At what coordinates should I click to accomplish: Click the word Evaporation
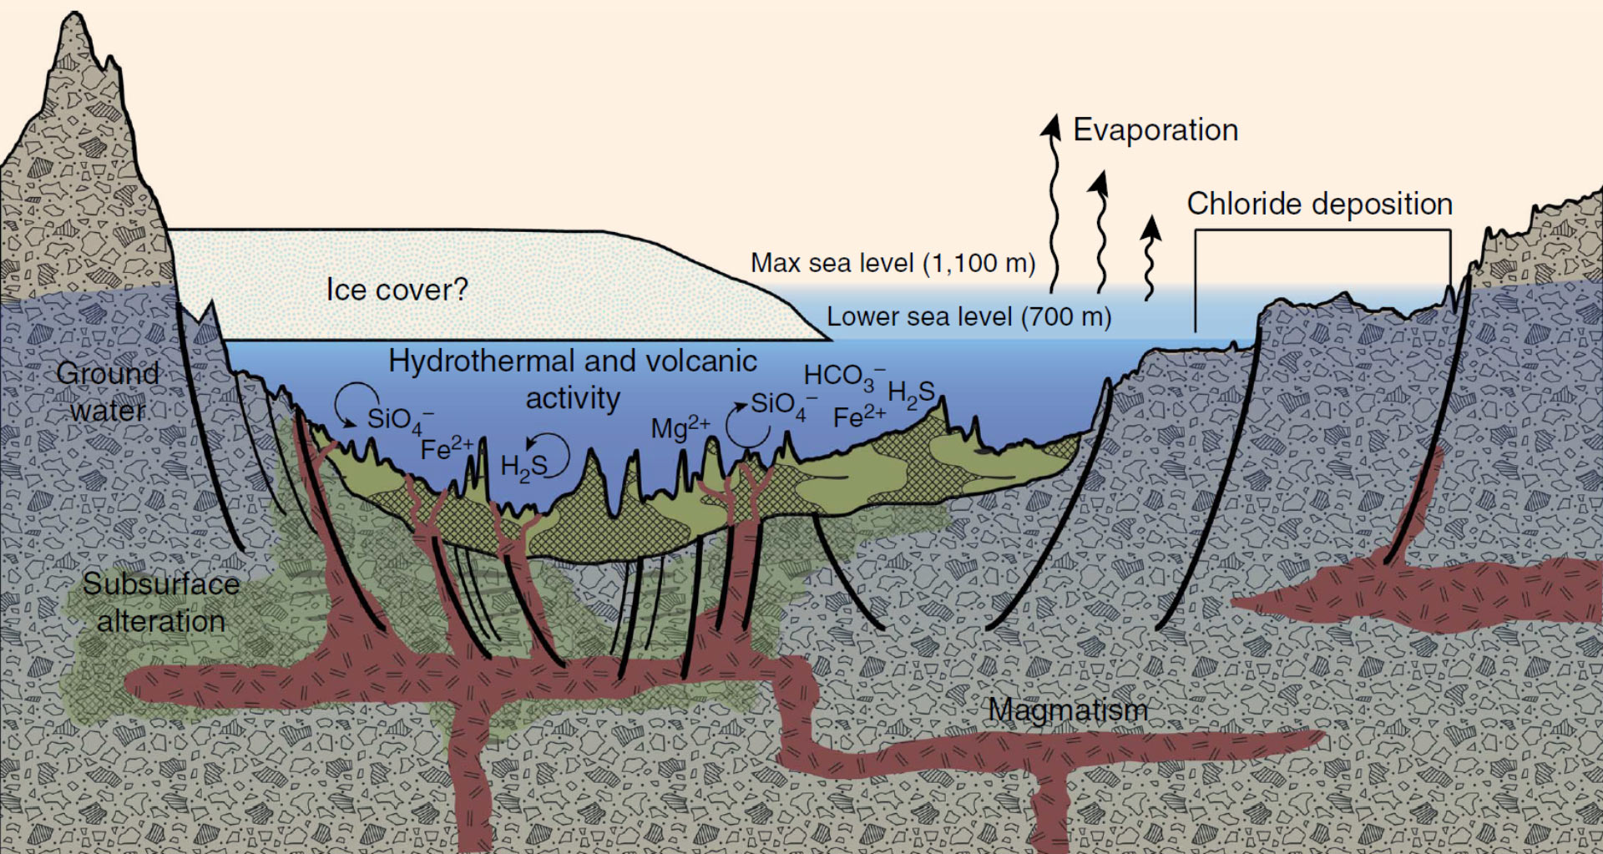point(1155,130)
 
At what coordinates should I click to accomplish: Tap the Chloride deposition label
point(1319,204)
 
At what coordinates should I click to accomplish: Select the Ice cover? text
point(397,290)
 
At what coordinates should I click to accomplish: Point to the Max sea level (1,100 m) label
point(893,263)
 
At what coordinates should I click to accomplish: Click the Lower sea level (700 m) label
point(969,317)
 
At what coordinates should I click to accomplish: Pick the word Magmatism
point(1068,710)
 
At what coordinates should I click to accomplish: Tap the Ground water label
point(108,392)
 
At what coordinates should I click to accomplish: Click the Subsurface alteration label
point(161,602)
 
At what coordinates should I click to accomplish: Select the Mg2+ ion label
point(680,427)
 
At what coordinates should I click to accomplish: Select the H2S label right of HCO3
point(911,394)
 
